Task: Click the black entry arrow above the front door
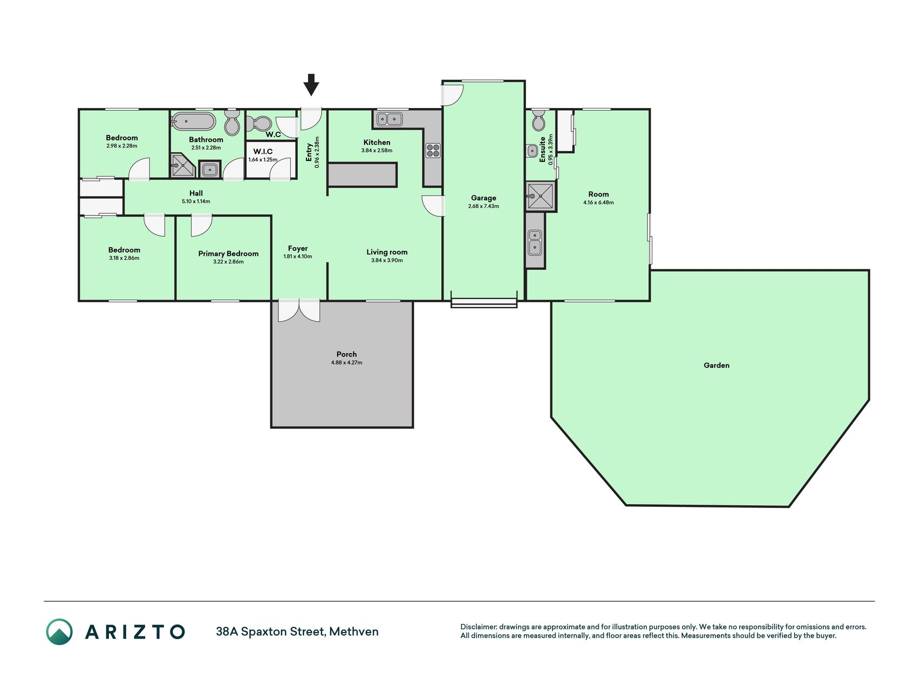(311, 85)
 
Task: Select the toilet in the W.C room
(261, 123)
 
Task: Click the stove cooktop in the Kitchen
(433, 150)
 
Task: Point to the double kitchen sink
(390, 118)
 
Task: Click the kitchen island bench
(363, 175)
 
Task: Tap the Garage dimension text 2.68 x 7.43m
(483, 206)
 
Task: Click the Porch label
(346, 354)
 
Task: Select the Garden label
(717, 365)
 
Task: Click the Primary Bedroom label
(228, 254)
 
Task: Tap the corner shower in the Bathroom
(182, 165)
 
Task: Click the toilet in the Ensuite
(538, 120)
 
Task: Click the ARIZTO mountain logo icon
(59, 632)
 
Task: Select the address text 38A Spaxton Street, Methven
(297, 632)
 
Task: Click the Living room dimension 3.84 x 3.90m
(387, 260)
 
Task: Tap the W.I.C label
(263, 152)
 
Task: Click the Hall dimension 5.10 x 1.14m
(196, 201)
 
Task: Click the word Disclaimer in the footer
(478, 627)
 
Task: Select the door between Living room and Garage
(433, 206)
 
